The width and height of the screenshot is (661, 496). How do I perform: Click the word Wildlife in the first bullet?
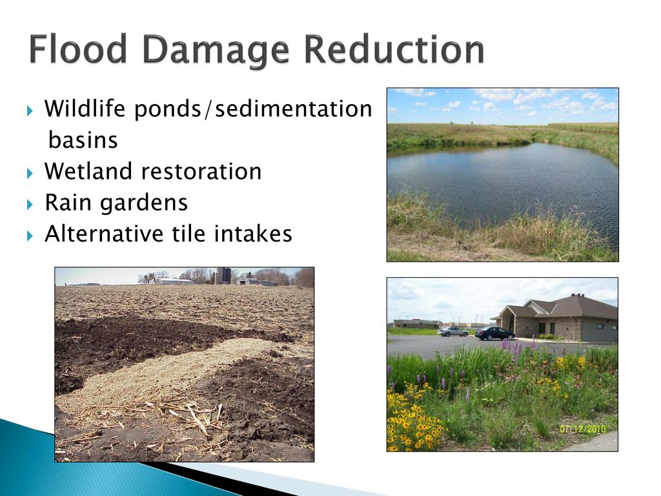[86, 109]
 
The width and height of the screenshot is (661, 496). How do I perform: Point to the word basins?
[83, 140]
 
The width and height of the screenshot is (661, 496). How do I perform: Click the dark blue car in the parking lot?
[494, 333]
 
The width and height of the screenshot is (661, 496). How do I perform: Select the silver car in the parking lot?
[453, 331]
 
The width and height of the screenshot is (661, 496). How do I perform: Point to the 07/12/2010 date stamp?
[584, 428]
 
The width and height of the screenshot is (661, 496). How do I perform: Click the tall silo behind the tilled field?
[223, 276]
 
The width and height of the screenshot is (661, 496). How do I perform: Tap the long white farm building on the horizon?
[173, 281]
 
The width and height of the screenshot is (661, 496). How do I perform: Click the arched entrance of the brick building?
[511, 322]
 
